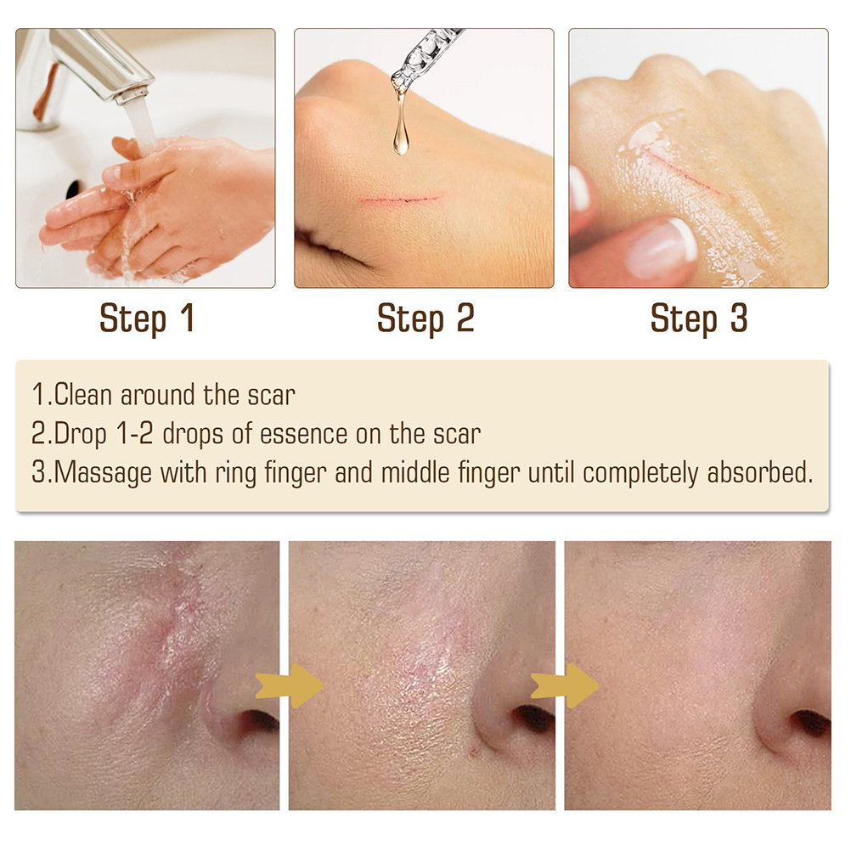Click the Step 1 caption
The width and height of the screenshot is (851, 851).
point(147,318)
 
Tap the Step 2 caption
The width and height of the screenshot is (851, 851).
point(426,318)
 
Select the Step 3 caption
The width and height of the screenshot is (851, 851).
point(699,318)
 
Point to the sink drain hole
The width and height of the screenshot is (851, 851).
point(72,189)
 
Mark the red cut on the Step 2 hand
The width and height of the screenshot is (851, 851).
point(403,199)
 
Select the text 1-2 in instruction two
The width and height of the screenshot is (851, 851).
point(134,434)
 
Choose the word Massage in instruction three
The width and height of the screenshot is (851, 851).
point(103,473)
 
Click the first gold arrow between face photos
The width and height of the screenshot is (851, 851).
point(290,685)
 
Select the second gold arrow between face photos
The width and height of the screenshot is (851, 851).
point(565,685)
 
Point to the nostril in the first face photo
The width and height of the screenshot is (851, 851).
point(259,721)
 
